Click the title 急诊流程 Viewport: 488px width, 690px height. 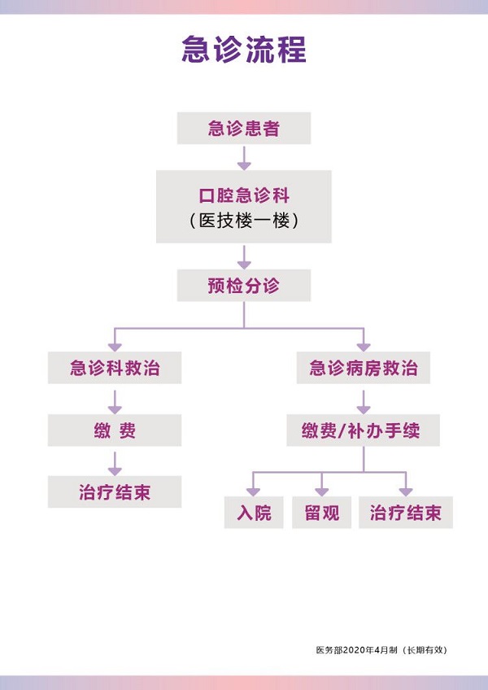coord(244,50)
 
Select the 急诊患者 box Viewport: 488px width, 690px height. coord(244,129)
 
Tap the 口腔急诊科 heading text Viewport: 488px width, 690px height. coord(244,196)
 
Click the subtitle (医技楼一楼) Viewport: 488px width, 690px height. coord(244,221)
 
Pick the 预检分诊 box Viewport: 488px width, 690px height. coord(244,286)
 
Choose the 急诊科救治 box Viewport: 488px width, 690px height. coord(115,368)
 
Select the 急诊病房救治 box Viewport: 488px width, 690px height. coord(364,368)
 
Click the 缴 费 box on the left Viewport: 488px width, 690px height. coord(115,430)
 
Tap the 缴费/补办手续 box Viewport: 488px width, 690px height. coord(364,430)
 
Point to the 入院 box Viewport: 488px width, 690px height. coord(254,513)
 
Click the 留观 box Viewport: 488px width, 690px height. coord(321,513)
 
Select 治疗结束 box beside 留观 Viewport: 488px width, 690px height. coord(405,513)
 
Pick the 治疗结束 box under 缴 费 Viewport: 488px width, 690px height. coord(115,492)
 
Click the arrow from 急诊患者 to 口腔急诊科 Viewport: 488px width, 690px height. coord(244,156)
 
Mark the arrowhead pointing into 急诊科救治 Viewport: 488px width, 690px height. coord(115,344)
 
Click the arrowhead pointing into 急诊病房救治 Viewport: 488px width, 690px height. coord(364,344)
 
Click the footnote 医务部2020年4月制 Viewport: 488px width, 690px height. coord(359,650)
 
